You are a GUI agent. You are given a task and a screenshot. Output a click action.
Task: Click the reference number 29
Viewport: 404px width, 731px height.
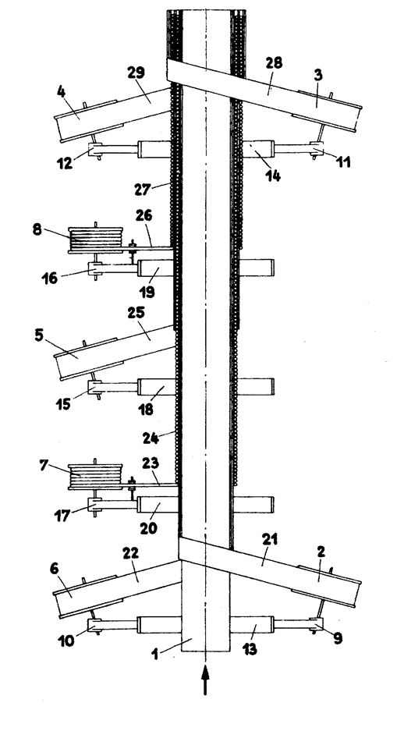[x=136, y=73]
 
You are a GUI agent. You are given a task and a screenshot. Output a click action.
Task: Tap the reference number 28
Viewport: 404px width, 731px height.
[x=274, y=63]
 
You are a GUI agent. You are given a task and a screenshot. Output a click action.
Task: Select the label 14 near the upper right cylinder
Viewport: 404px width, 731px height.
[x=272, y=176]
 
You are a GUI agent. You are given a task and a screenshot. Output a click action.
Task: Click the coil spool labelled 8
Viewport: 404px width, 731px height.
[x=96, y=240]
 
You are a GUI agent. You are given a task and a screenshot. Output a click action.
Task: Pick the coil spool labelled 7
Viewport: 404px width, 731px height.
[x=95, y=477]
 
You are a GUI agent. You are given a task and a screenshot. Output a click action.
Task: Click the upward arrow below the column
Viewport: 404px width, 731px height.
[x=204, y=680]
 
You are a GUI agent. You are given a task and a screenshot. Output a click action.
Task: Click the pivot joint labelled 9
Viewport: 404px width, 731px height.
[x=317, y=624]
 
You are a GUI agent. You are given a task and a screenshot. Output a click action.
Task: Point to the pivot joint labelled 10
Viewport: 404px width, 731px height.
[x=95, y=624]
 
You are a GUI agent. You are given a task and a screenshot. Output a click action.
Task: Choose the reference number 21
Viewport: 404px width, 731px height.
[x=271, y=540]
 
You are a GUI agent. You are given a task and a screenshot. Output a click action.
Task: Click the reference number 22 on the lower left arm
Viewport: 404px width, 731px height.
[x=131, y=552]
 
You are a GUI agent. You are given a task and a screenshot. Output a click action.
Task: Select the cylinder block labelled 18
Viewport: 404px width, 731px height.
[x=157, y=387]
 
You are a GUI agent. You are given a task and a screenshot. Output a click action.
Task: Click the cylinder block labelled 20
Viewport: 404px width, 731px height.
[x=158, y=505]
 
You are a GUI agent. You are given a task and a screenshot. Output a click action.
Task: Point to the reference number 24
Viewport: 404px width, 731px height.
[x=151, y=438]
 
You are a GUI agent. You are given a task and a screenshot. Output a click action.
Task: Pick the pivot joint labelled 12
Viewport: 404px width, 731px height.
[x=95, y=150]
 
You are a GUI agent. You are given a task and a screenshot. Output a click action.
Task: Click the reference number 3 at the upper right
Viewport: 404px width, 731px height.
[x=317, y=75]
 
